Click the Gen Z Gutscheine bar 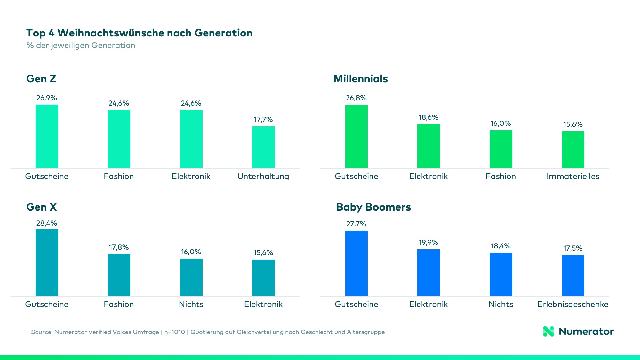(x=47, y=136)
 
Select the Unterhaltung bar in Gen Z (x=263, y=147)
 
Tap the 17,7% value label (x=263, y=120)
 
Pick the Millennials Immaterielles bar (x=573, y=149)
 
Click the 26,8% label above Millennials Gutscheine (x=356, y=98)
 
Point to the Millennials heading (x=360, y=79)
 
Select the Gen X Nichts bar (x=191, y=277)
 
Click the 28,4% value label (x=47, y=223)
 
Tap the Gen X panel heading (x=41, y=207)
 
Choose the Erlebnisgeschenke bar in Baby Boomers (x=573, y=275)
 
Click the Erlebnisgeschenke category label (x=573, y=304)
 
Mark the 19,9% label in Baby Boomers (x=428, y=243)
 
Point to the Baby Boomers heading (x=373, y=207)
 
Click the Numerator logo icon (x=548, y=332)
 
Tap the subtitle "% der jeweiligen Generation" (x=81, y=45)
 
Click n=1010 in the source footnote (x=175, y=332)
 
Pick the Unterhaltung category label (x=263, y=176)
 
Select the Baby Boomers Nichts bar (x=501, y=274)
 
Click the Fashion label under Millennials (x=500, y=176)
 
